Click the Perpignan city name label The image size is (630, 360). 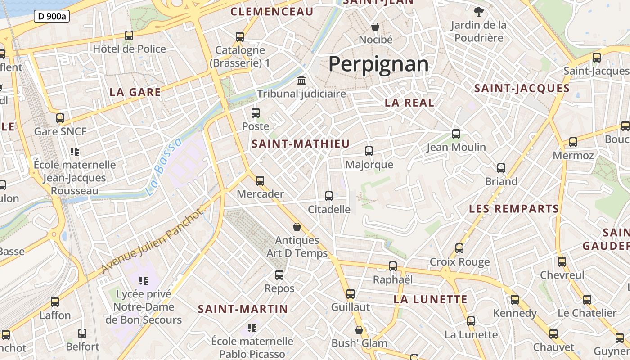pos(378,64)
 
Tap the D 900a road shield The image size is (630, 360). pos(51,17)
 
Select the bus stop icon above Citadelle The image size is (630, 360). pos(329,196)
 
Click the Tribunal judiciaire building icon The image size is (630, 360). pos(301,81)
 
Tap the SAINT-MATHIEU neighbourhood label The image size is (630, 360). pos(301,144)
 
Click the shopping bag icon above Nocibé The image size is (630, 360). pos(375,27)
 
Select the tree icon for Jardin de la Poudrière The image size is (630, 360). pos(478,11)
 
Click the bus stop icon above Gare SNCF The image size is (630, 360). pos(60,118)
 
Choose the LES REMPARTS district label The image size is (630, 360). pos(514,209)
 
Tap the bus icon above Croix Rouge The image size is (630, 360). pos(459,248)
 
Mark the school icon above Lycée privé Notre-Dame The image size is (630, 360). pos(144,281)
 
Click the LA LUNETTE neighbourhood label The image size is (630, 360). pos(431,299)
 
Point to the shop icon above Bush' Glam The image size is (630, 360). pos(359,330)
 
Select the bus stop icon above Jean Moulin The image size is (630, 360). pos(456,134)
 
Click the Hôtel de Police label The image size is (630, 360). pos(129,49)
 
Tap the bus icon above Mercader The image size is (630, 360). pos(260,181)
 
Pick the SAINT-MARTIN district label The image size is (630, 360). pos(243,309)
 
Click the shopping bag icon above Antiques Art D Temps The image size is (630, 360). pos(297,227)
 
